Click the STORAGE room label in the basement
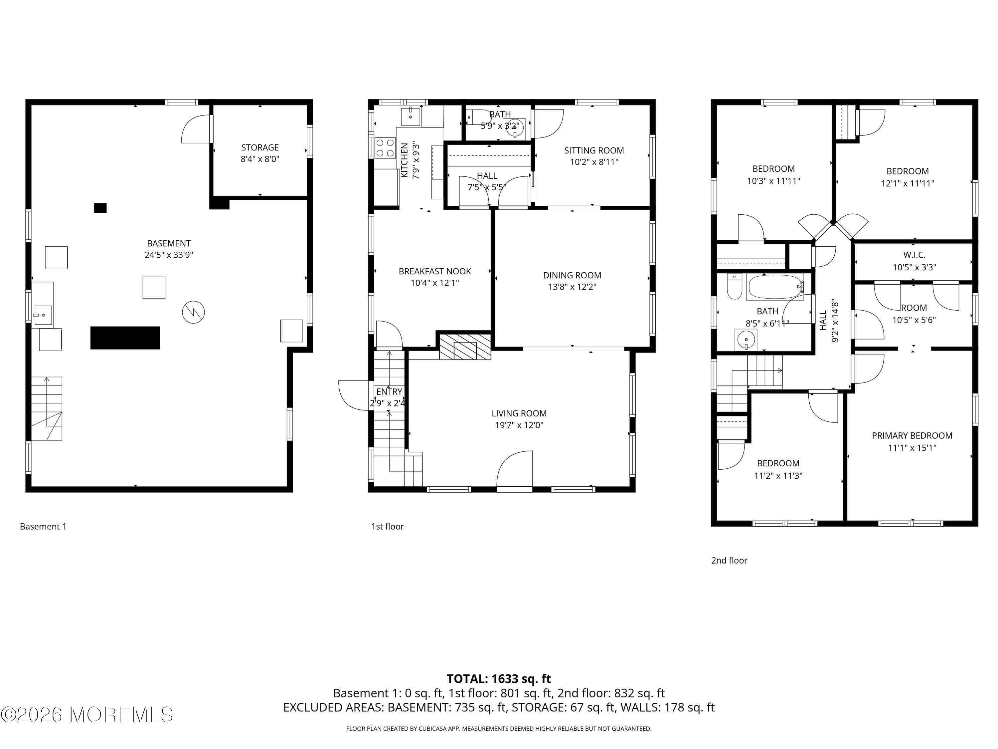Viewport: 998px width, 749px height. [260, 147]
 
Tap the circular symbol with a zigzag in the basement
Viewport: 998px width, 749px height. [193, 312]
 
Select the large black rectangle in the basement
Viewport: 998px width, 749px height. [125, 338]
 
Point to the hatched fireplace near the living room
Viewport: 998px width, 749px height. [465, 347]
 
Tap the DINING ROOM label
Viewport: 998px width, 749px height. [572, 275]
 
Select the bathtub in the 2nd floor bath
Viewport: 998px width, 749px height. [775, 287]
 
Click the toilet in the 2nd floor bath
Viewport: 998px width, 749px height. [735, 288]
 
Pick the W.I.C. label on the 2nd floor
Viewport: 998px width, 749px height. [914, 255]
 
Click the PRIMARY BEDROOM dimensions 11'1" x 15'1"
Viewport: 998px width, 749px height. [912, 448]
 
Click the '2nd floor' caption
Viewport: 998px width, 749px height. [729, 560]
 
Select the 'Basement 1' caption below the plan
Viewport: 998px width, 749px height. [43, 526]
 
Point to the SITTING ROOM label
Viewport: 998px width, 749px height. [594, 150]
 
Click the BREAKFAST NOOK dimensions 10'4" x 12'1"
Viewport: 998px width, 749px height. [434, 283]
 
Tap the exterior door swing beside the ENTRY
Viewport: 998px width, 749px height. [354, 395]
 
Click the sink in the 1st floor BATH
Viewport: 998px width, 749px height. [514, 128]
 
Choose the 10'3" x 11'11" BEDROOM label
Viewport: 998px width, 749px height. [773, 169]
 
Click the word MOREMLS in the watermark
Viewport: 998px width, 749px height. [122, 715]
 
